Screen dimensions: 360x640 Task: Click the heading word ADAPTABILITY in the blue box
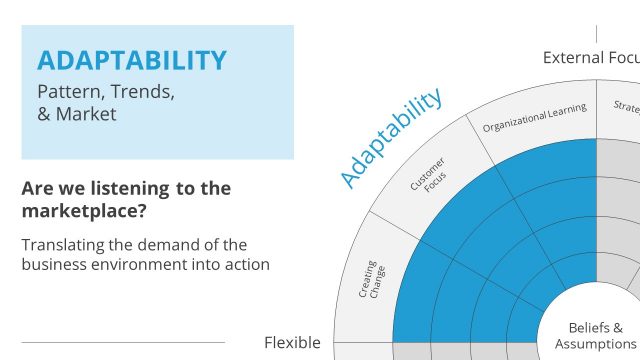click(132, 60)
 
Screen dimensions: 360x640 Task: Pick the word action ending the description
click(247, 264)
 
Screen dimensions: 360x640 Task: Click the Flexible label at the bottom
click(292, 342)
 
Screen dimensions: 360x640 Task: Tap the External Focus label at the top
click(590, 57)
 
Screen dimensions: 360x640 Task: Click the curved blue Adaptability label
click(390, 139)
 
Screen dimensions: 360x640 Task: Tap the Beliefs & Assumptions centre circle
click(595, 336)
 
